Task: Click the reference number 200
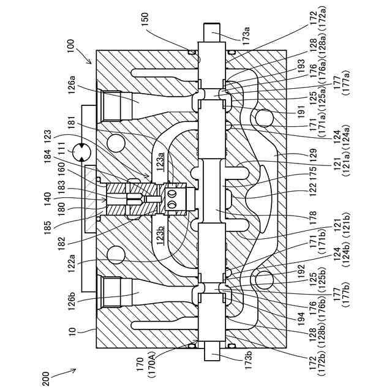coord(47,378)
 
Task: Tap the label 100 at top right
coord(70,47)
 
